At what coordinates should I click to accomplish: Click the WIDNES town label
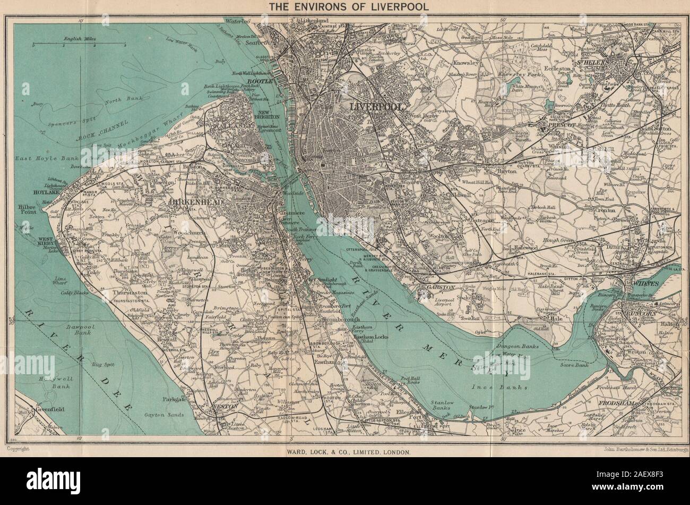(645, 283)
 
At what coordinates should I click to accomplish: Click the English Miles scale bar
(78, 45)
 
